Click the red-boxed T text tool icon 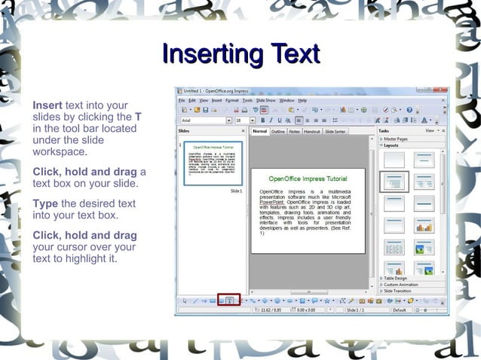(x=229, y=301)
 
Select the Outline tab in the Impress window (x=278, y=132)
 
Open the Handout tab (x=312, y=132)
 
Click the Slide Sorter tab (x=335, y=132)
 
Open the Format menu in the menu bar (x=232, y=100)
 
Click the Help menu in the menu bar (x=302, y=100)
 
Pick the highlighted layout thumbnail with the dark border (x=395, y=182)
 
